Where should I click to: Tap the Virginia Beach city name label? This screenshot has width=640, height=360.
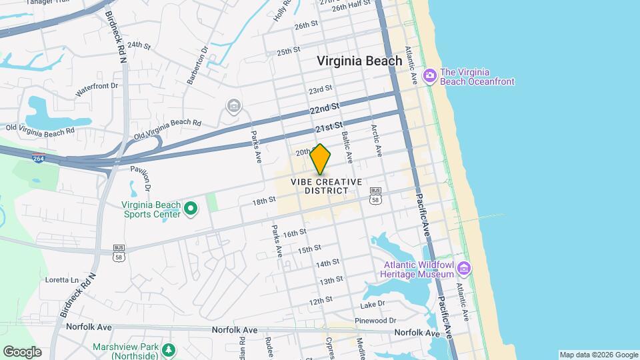359,61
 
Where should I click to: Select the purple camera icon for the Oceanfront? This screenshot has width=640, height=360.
429,75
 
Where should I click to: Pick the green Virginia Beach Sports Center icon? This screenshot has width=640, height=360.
191,209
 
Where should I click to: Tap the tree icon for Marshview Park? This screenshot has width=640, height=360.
169,349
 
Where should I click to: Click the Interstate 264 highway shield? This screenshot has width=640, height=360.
38,158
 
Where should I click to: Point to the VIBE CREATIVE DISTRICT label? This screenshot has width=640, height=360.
326,186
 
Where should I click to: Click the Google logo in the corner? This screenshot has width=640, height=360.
22,352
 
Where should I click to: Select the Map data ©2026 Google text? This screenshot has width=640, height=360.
598,355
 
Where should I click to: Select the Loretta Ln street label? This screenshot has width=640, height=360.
61,280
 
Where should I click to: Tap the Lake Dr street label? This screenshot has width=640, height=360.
373,304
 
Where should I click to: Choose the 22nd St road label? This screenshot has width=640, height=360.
325,108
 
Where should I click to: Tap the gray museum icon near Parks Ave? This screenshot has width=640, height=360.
233,106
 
